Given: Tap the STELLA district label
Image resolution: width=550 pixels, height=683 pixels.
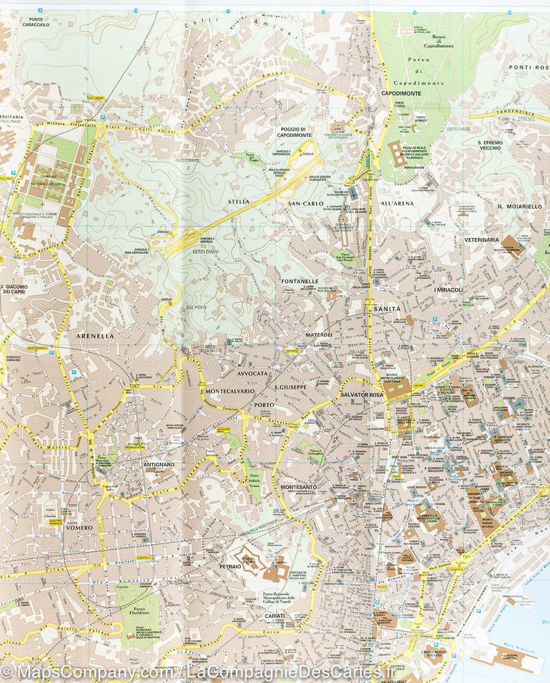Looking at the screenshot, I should coord(238,201).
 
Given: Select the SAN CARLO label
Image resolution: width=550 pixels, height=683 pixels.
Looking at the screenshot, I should coord(306,203).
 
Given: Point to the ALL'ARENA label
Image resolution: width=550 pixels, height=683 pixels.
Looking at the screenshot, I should coord(397,203).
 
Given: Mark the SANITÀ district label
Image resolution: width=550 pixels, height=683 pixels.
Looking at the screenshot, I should coord(387,309).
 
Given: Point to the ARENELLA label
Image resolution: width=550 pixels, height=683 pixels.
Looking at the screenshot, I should coord(95,336).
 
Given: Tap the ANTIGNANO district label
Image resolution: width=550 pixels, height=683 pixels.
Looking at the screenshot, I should coord(159,464).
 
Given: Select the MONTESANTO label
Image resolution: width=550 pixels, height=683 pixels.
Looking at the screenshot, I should coord(299,488).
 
